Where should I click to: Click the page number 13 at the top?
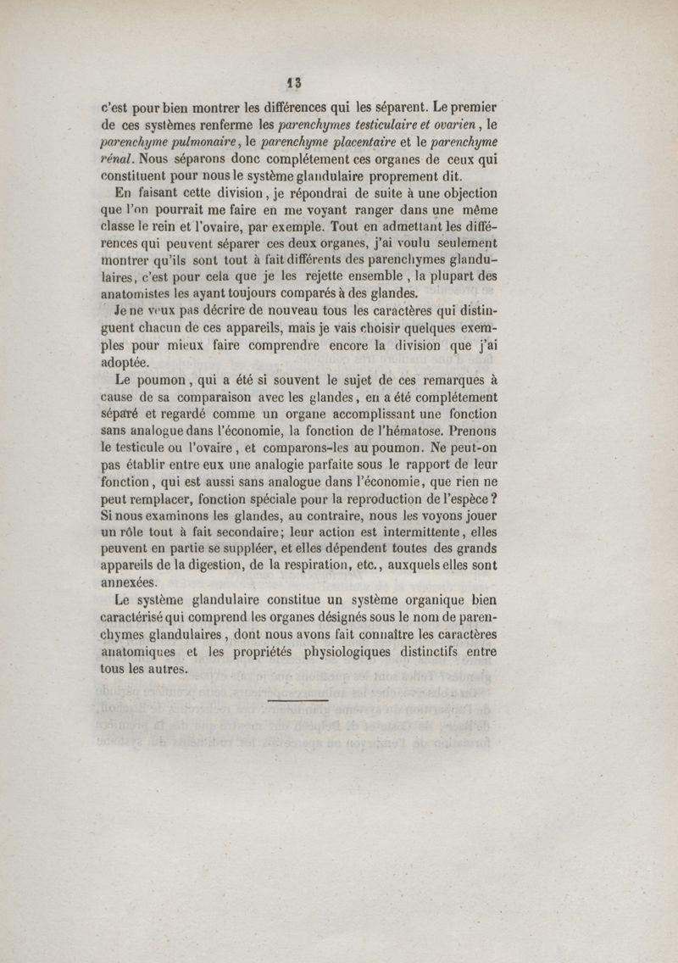point(294,83)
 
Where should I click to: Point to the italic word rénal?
point(119,159)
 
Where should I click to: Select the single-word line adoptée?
point(125,362)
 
